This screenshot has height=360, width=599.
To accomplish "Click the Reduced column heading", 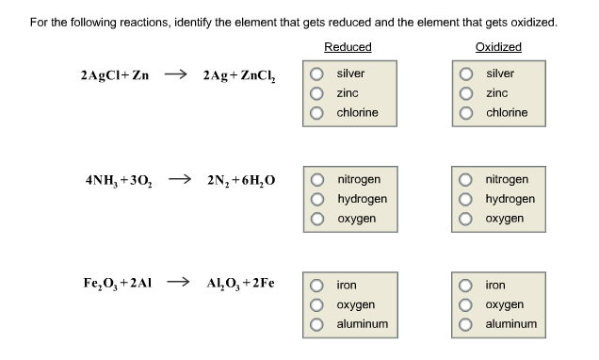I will coord(348,47).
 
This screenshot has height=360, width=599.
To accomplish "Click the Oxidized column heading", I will coord(498,47).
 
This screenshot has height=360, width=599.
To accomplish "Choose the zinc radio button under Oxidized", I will coord(466,93).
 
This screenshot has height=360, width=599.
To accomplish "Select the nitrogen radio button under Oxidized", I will coord(466,179).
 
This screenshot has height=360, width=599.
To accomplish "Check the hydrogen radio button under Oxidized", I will coord(466,199).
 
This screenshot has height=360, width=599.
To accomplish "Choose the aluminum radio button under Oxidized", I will coord(466,324).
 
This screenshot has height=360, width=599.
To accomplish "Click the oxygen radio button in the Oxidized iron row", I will coord(466,304).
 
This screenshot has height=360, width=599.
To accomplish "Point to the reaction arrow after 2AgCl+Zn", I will coord(176,74).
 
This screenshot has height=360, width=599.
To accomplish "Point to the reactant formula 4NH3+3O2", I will coord(119,180).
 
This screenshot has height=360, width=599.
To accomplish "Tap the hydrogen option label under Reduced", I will coord(362,199).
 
